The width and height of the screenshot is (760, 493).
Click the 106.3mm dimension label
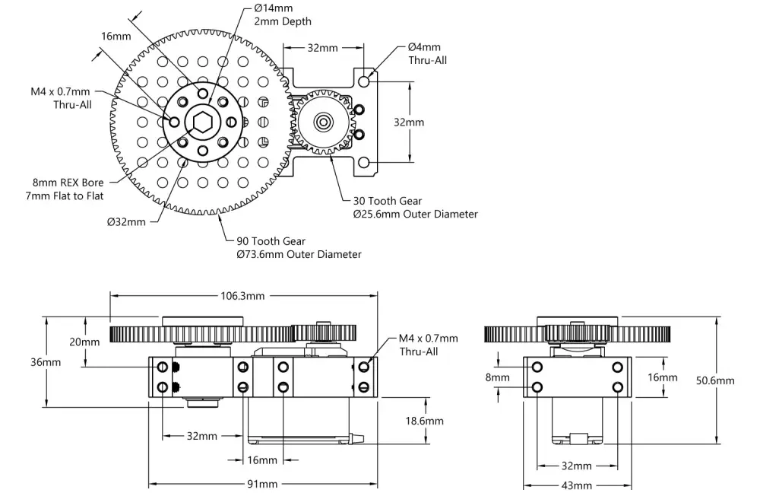click(x=242, y=295)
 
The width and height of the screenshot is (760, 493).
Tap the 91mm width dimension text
click(x=262, y=484)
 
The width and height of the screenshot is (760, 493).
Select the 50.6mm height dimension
click(x=715, y=380)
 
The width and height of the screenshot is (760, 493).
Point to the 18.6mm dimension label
click(x=425, y=421)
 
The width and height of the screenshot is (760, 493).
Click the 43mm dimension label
click(x=576, y=485)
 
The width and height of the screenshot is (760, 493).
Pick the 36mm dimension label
click(x=46, y=362)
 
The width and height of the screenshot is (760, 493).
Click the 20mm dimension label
click(x=84, y=342)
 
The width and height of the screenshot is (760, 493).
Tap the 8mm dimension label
click(x=497, y=377)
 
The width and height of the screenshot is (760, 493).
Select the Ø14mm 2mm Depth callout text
click(x=283, y=14)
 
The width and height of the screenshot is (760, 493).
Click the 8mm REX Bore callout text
click(x=65, y=189)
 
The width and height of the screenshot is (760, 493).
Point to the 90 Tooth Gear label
click(x=271, y=241)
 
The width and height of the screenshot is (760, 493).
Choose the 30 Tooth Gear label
click(x=388, y=201)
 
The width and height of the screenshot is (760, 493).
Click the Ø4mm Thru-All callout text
click(x=427, y=53)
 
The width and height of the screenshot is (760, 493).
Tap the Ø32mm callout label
click(x=126, y=221)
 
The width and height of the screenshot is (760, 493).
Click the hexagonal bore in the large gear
click(x=202, y=122)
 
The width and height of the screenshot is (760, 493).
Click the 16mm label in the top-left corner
click(x=116, y=37)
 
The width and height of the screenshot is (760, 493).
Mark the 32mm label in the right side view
click(x=576, y=466)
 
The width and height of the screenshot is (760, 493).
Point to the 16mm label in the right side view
click(x=662, y=377)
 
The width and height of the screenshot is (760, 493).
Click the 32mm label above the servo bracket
click(x=322, y=48)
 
